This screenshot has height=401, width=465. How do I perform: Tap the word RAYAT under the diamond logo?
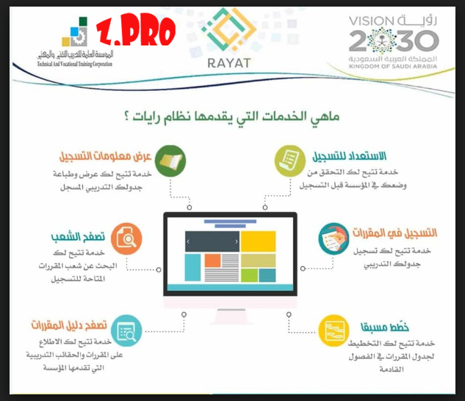pos(229,63)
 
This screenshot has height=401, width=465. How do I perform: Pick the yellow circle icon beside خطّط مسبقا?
pos(336,327)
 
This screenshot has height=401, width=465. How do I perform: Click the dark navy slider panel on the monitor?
pos(212,241)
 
